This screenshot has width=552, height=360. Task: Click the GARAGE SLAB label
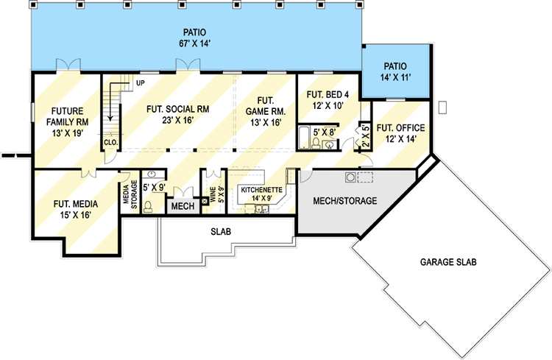coord(448,262)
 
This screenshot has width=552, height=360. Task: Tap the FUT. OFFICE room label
coord(400,128)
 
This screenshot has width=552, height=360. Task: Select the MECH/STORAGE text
coord(345,201)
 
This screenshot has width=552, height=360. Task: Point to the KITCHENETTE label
coord(261,190)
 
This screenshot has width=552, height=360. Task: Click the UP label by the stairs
coord(140,83)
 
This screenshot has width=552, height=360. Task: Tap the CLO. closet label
coord(111,143)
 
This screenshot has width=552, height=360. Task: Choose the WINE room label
coord(213,195)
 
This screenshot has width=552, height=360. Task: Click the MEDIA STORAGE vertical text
coord(130,194)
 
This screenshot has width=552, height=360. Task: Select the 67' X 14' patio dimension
coord(195,43)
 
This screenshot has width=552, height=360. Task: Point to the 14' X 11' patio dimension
coord(396,77)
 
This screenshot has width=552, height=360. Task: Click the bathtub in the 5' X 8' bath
coord(303,138)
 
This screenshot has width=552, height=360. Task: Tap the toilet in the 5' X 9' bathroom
coord(148,206)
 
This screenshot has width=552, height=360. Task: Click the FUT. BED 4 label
coord(328,94)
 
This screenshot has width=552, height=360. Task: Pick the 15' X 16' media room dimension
coord(75,215)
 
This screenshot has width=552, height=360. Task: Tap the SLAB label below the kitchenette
coord(221,231)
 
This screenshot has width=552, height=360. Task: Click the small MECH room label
coord(183,206)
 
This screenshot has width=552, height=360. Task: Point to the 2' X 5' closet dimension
coord(366,136)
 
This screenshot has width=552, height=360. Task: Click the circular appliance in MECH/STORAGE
coord(350,177)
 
